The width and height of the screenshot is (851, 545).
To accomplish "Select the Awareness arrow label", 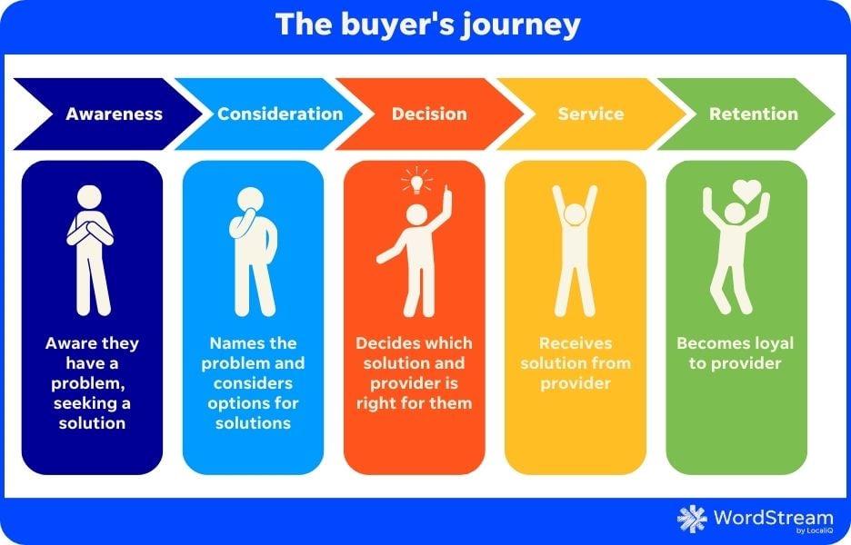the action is pos(114,114).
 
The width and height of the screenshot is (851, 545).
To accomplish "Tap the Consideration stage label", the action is pos(280,114).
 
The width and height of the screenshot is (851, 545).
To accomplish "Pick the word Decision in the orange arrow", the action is pos(429,114).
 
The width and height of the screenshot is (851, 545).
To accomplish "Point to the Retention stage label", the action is pos(754,114).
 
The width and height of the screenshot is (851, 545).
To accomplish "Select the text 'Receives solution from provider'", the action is pos(576,362).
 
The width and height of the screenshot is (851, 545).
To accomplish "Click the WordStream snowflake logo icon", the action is pos(692,519).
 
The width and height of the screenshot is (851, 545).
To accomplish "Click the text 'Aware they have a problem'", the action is pos(92,362).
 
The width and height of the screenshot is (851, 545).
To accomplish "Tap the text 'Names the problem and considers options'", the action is pos(254,372).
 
